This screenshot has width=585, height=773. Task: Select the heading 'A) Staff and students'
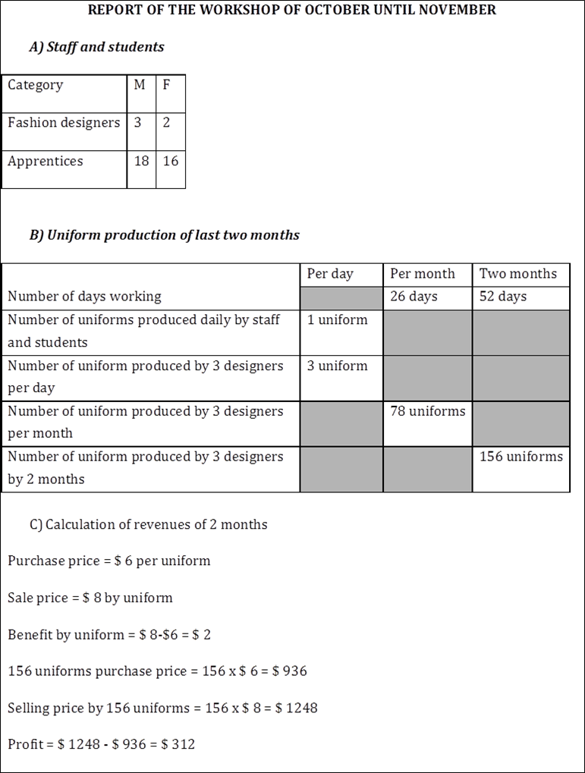click(96, 47)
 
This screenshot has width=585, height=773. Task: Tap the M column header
click(140, 85)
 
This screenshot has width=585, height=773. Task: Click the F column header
click(166, 85)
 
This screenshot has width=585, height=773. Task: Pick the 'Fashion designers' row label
click(64, 123)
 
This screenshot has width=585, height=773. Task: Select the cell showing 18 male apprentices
click(140, 162)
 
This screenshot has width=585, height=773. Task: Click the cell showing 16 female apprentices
click(171, 162)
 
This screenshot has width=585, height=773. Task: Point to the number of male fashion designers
click(137, 123)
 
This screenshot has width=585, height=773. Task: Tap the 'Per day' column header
click(330, 274)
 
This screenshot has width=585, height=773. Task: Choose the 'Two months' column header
click(518, 274)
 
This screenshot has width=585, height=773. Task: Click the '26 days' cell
click(414, 297)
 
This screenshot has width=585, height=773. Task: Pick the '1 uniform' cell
click(337, 320)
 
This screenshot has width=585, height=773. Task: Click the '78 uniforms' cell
click(427, 411)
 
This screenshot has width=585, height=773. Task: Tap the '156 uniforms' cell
click(521, 457)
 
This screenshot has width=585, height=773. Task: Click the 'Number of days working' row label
click(84, 297)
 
